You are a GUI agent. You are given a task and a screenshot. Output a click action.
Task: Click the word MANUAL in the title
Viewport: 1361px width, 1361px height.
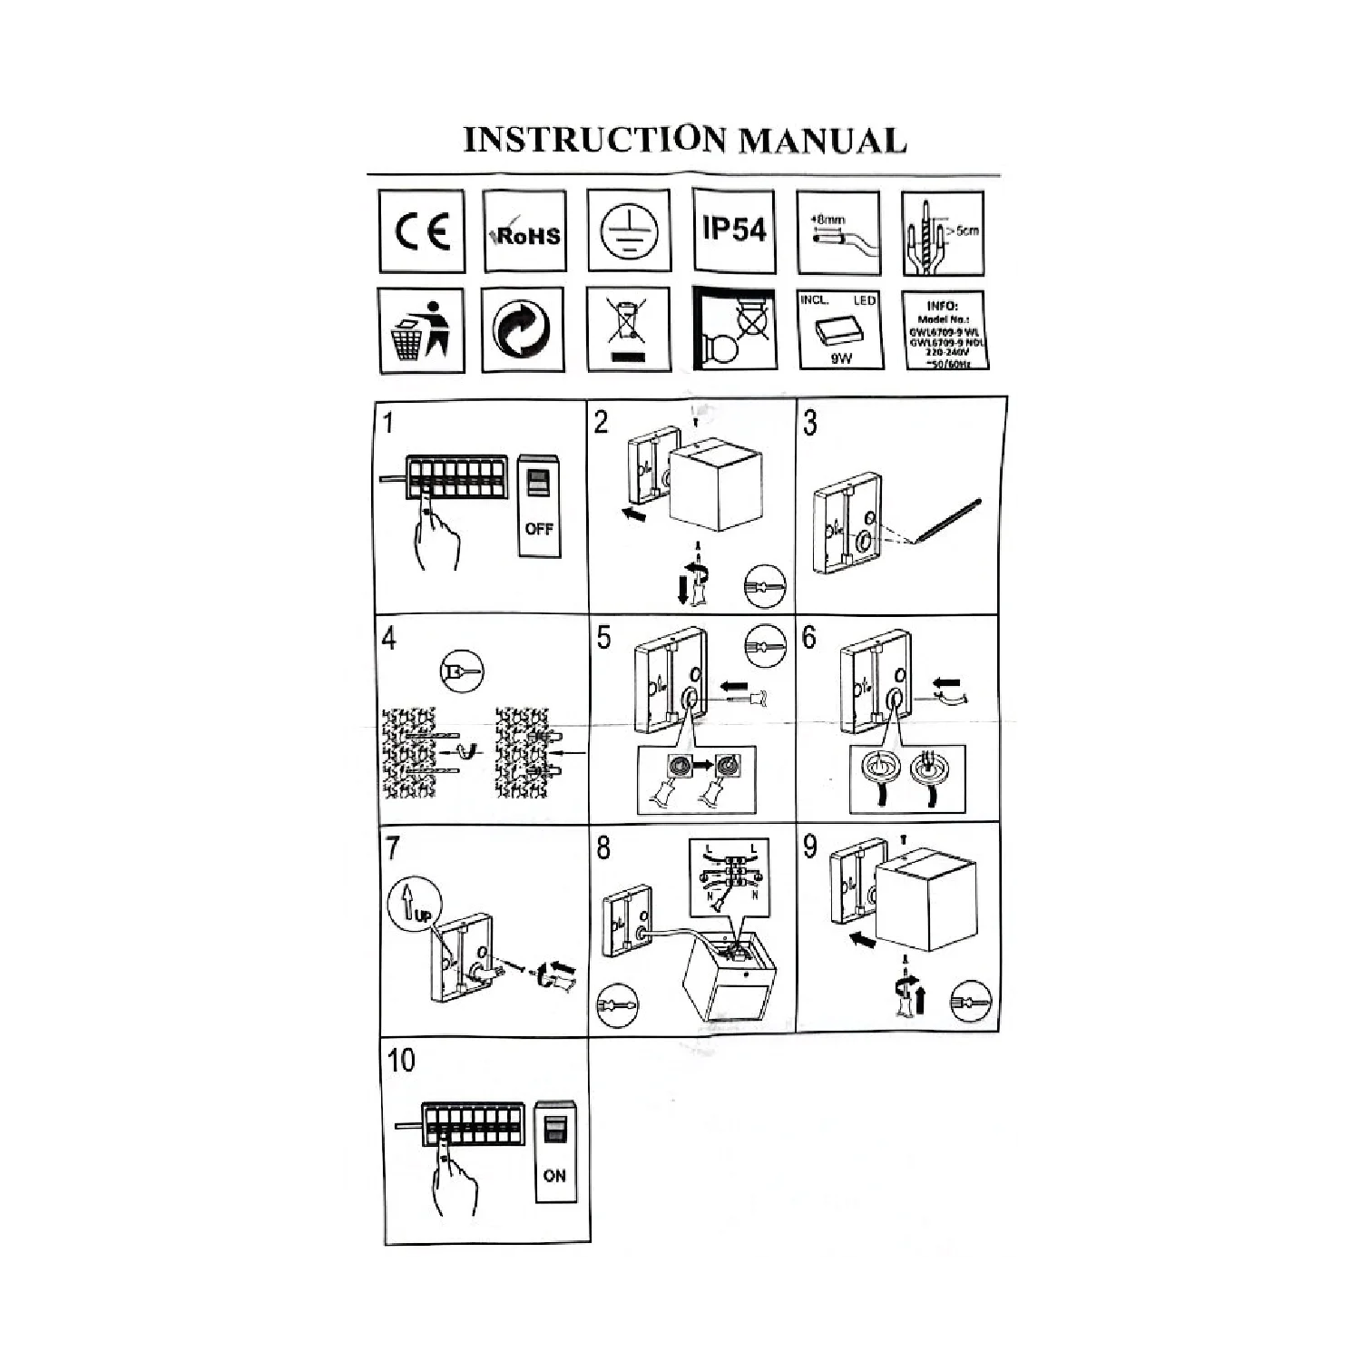coord(821,140)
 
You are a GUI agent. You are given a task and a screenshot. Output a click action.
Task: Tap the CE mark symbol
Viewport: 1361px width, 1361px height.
coord(421,232)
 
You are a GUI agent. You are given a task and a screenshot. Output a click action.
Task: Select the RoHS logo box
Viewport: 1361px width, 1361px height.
coord(525,232)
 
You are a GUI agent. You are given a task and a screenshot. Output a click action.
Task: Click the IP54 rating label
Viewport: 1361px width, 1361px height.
coord(734,230)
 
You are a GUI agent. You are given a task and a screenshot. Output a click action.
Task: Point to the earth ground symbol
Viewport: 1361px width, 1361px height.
coord(629,230)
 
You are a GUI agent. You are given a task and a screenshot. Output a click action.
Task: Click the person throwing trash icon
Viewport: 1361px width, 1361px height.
coord(421,329)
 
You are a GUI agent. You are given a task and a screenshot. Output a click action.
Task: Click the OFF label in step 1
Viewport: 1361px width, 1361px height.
coord(538,528)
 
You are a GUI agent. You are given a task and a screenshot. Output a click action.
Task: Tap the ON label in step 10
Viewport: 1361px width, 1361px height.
coord(553,1175)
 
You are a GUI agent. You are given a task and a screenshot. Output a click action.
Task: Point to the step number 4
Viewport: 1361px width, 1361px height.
coord(389,639)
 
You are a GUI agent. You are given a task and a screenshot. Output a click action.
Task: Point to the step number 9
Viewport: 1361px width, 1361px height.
coord(810,847)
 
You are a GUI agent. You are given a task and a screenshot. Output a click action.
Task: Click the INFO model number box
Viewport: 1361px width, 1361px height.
coord(944,329)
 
